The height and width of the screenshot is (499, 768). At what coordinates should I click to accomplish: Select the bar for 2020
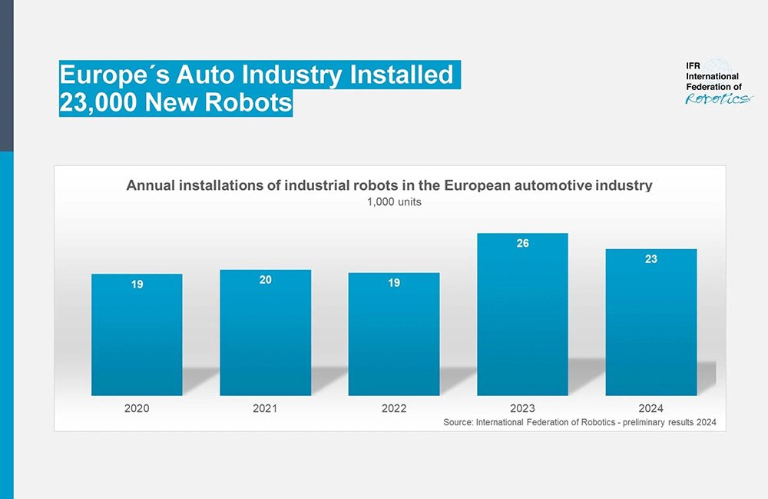[x=137, y=338]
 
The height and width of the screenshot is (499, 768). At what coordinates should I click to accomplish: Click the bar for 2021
[x=265, y=337]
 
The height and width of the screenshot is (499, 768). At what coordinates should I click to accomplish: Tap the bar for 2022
[x=394, y=338]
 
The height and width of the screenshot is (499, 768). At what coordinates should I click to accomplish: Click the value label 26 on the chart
[x=522, y=243]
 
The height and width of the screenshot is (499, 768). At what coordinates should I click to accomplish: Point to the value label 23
[x=650, y=259]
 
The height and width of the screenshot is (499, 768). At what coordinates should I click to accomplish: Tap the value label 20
[x=265, y=280]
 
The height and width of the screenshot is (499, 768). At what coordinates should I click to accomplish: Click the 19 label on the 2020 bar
[x=137, y=284]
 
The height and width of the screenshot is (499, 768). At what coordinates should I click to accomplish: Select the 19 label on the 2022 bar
[x=394, y=283]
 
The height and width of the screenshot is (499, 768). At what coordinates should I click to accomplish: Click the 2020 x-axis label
[x=137, y=408]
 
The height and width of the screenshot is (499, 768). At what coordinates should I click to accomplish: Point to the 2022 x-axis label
[x=394, y=408]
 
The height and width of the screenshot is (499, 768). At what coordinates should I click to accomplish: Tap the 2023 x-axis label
[x=522, y=408]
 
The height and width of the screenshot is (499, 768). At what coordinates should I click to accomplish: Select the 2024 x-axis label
[x=650, y=408]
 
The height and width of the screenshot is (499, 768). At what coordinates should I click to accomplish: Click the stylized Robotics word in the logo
[x=719, y=98]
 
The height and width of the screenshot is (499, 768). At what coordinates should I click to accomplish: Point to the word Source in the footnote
[x=458, y=423]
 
